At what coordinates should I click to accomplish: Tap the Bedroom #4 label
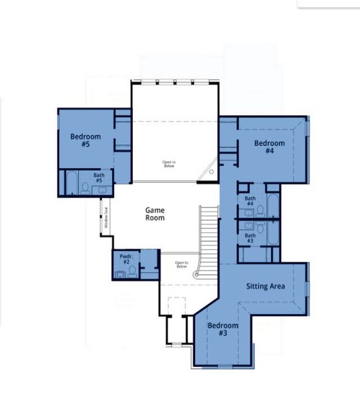(x=269, y=147)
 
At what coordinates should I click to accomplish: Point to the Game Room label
(x=155, y=213)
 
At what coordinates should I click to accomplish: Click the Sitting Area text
(x=266, y=286)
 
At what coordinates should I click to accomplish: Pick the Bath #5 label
(x=98, y=178)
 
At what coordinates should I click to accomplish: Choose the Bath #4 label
(x=250, y=201)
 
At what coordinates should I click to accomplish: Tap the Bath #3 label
(x=250, y=238)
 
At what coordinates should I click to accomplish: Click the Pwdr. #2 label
(x=126, y=258)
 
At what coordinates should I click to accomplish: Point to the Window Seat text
(x=105, y=217)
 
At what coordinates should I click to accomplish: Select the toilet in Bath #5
(x=85, y=188)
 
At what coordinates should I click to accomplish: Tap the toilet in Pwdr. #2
(x=132, y=271)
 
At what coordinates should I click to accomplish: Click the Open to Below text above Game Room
(x=170, y=164)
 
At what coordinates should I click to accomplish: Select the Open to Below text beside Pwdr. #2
(x=181, y=264)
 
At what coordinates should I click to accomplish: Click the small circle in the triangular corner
(x=211, y=172)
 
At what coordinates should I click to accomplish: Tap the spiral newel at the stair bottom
(x=196, y=273)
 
